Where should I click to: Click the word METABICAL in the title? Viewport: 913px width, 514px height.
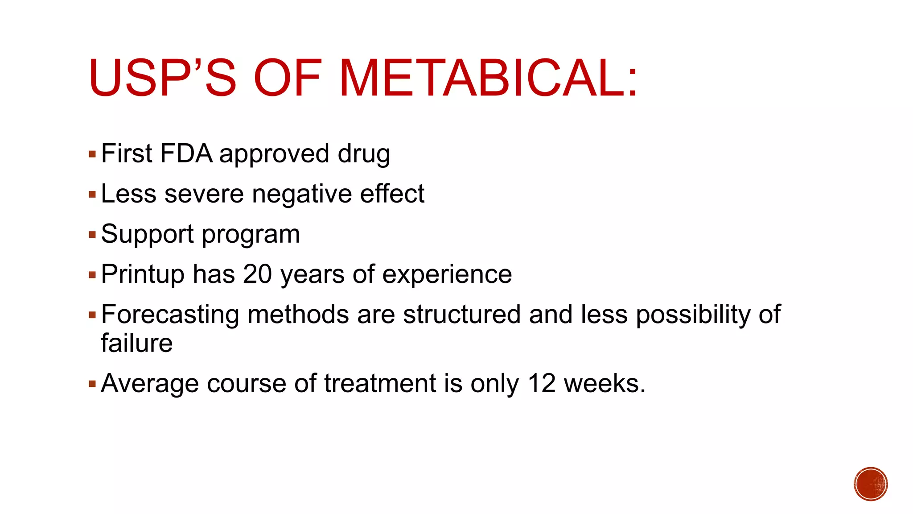(x=488, y=78)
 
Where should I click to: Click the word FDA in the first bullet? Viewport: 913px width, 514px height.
(x=186, y=153)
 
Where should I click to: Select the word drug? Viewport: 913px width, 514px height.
(x=364, y=154)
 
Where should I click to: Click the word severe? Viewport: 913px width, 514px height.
(x=204, y=195)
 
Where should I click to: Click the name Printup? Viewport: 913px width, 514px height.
(x=143, y=274)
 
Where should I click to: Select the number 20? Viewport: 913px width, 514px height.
(x=258, y=274)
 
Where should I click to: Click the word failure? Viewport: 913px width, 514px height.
(x=137, y=343)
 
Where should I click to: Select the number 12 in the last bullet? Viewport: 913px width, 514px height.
(x=542, y=383)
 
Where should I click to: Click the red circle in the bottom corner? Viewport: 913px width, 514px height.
(x=871, y=484)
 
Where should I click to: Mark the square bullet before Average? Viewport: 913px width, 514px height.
(x=92, y=384)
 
